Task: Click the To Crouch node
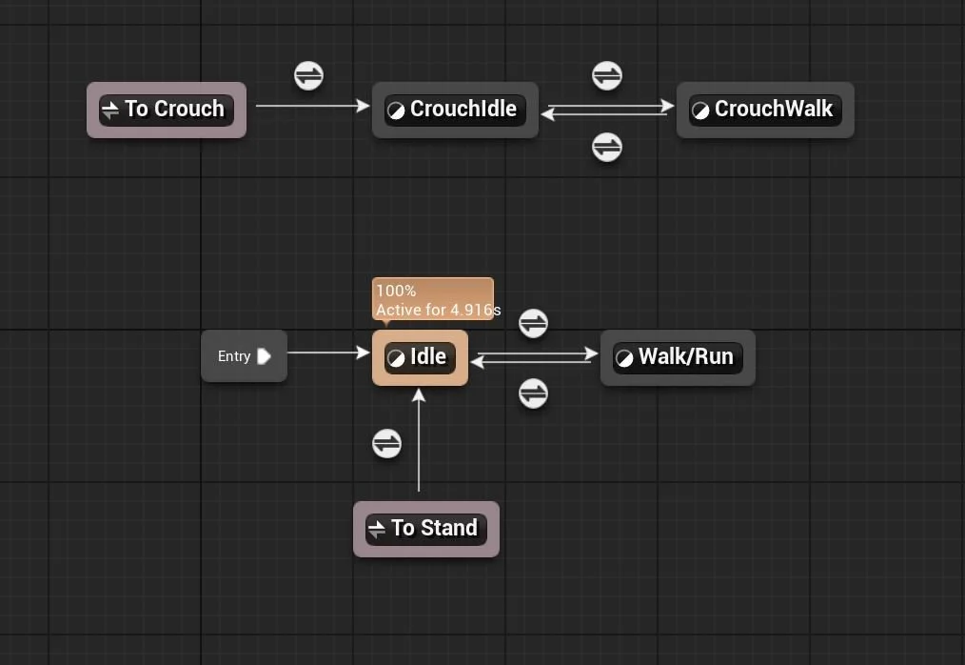(167, 110)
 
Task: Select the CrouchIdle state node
(455, 110)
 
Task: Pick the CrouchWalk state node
(765, 110)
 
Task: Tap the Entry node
(244, 356)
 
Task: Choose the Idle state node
(420, 357)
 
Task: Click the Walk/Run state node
(678, 357)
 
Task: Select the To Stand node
(426, 529)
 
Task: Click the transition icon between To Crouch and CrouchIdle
(308, 75)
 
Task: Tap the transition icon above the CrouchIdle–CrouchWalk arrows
(607, 75)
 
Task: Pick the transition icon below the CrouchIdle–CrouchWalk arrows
(607, 147)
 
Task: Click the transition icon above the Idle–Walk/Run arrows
(533, 323)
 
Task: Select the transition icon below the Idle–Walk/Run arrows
(533, 393)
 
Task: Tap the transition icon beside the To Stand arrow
(386, 443)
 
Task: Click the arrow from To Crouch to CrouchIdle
(312, 106)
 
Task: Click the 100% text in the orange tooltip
(396, 291)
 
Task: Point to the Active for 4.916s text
(438, 310)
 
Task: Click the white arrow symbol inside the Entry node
(264, 356)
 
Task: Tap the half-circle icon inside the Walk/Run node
(624, 358)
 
